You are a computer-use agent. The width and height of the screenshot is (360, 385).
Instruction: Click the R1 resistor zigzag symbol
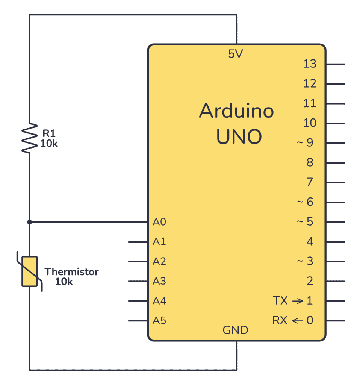click(30, 137)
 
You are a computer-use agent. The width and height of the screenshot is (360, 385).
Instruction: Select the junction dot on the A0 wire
click(30, 222)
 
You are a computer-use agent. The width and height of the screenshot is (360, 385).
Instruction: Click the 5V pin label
click(236, 55)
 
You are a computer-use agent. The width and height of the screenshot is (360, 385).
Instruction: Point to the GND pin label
click(236, 330)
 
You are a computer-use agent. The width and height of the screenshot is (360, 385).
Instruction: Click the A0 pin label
click(159, 222)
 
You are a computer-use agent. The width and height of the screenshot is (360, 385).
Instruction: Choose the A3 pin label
click(159, 281)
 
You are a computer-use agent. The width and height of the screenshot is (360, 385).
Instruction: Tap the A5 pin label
click(159, 321)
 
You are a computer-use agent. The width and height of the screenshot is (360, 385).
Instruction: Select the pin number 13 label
click(310, 64)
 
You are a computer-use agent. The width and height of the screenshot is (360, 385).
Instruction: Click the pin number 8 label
click(310, 163)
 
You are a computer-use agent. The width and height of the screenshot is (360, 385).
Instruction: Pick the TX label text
click(280, 301)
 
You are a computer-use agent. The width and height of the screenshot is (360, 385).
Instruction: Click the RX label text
click(280, 321)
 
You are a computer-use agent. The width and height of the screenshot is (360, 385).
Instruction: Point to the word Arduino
click(236, 111)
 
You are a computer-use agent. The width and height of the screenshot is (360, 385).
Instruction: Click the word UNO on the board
click(239, 137)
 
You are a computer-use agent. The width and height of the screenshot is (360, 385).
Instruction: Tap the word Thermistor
click(71, 272)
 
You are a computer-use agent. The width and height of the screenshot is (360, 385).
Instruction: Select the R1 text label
click(49, 133)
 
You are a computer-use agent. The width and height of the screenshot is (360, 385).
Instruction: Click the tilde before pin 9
click(300, 143)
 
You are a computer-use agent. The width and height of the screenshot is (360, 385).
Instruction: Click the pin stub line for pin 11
click(335, 103)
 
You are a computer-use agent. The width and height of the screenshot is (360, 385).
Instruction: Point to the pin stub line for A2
click(138, 262)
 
